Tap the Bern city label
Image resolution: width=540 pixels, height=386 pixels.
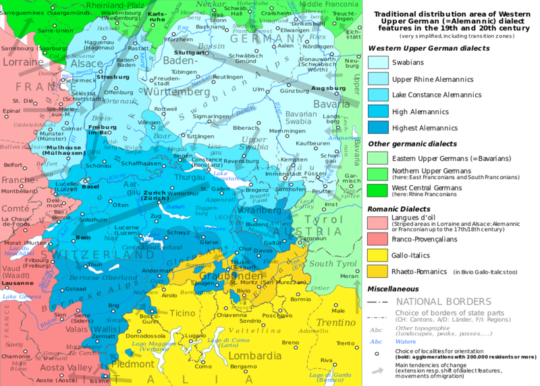[x=82, y=239]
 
